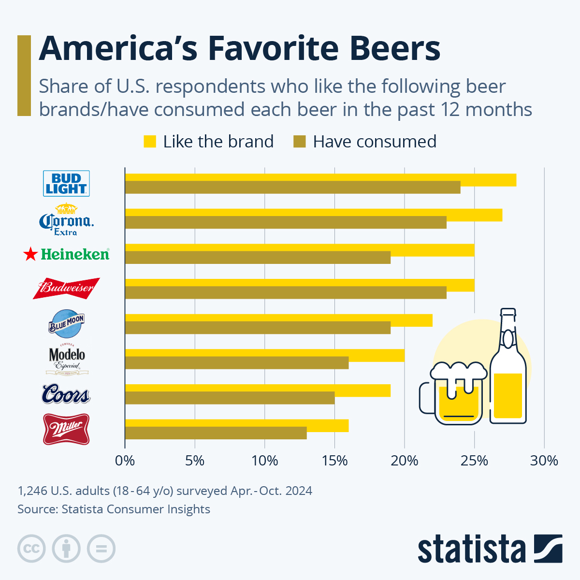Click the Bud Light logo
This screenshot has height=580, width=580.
coord(66,183)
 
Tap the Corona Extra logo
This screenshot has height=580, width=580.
coord(66,220)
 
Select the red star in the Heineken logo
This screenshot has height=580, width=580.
coord(30,254)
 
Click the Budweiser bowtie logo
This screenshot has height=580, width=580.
coord(66,289)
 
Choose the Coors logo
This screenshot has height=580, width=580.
coord(66,394)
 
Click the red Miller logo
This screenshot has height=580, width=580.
coord(66,429)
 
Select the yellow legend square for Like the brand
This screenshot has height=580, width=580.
coord(150,142)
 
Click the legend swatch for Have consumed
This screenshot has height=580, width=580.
coord(300,142)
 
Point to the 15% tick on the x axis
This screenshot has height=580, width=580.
coord(334,461)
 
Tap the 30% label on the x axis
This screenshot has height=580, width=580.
coord(544,461)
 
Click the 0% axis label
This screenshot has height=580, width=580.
coord(125,461)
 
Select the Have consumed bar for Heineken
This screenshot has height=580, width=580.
coord(258,258)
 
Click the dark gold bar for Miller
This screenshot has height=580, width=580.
coord(216,433)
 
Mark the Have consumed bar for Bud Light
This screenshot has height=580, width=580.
coord(292,188)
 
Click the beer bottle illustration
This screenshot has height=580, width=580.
coord(507,372)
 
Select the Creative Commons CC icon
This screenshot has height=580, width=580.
coord(31,549)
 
